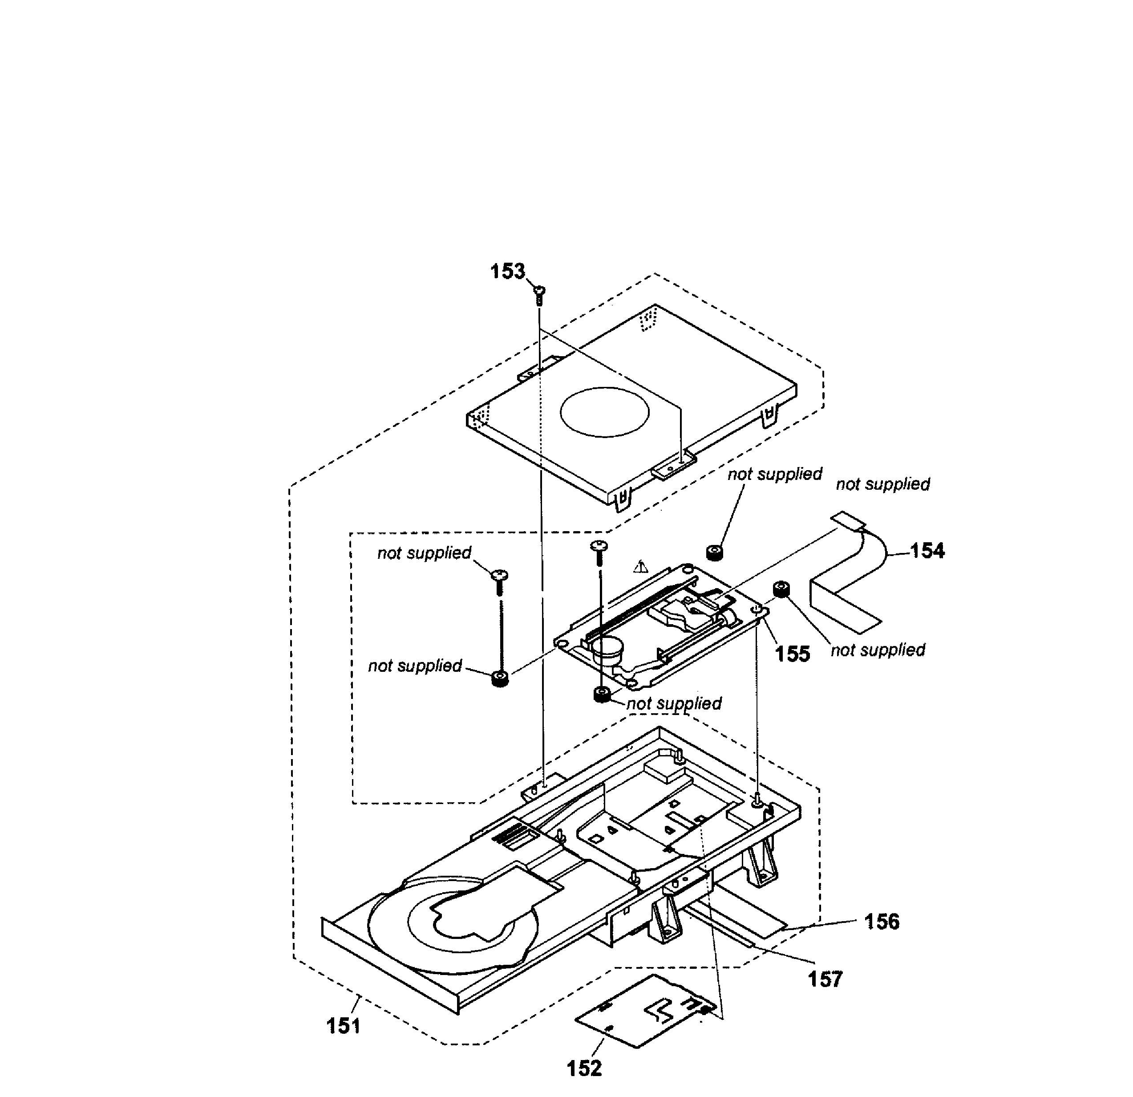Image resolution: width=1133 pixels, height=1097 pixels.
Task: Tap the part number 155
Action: coord(792,654)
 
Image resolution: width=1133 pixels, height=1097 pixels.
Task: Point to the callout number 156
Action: coord(882,921)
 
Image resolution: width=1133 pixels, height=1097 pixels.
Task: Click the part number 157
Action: coord(825,979)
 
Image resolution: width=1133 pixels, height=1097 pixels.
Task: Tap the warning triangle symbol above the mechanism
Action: coord(640,567)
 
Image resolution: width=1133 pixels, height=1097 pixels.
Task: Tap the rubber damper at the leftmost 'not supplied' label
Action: coord(500,678)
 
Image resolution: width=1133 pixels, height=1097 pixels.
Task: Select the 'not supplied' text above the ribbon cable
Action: coord(883,484)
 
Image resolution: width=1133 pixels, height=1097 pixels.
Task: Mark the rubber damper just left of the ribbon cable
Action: coord(781,590)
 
